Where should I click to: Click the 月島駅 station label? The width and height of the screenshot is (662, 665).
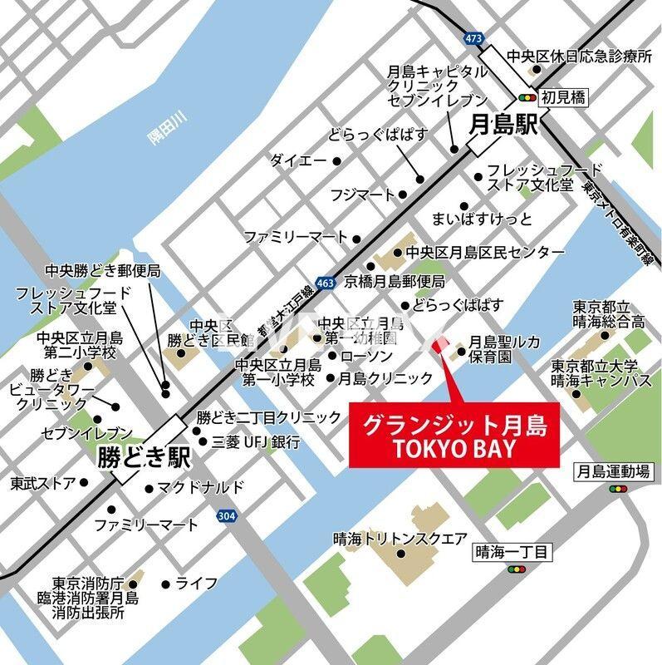pos(504,126)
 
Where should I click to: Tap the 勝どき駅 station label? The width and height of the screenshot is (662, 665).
pos(144,456)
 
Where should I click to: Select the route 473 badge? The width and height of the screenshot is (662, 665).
pos(474,38)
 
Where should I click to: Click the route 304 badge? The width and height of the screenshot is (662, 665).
pos(225,516)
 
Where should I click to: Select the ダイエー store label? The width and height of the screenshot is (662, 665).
pos(297,160)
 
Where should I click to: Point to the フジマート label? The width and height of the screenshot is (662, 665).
pos(362,195)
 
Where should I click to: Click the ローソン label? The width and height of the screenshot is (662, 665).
pos(366,356)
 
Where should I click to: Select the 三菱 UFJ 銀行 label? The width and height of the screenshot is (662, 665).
pos(256,442)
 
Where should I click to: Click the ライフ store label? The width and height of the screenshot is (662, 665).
pos(197,583)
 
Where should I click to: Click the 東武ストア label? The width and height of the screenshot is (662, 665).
pos(43,482)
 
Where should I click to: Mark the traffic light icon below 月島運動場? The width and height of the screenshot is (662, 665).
pos(619,489)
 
